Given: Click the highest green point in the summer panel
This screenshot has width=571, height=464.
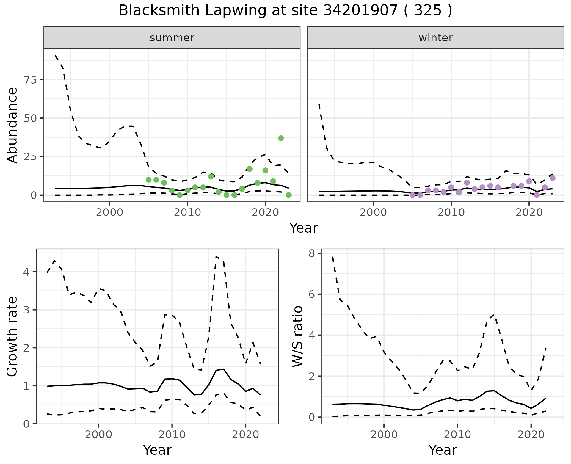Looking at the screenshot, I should [281, 138].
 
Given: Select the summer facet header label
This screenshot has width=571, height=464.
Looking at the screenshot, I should [172, 38].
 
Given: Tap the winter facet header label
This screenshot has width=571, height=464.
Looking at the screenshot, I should [435, 38].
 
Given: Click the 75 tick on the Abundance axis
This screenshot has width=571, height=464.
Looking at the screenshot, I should [29, 80].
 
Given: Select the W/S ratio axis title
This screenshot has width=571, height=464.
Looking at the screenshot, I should [298, 336].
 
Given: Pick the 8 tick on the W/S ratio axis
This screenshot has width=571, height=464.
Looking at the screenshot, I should [311, 253].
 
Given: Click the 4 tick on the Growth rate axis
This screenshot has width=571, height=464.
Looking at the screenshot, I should [26, 272].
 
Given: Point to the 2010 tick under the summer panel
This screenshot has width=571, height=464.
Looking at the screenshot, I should [187, 212].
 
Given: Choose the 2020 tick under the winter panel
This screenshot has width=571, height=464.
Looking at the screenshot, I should [529, 212].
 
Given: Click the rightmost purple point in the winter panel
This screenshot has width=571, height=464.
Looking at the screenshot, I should [552, 178].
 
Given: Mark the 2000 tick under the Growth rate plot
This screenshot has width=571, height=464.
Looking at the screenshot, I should [98, 435].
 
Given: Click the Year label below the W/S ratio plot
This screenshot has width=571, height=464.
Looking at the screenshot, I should [443, 450].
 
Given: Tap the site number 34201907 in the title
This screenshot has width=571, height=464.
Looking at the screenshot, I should [360, 11].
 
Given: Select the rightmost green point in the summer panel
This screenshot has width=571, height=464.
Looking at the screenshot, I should [288, 195].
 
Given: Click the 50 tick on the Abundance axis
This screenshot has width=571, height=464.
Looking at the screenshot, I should [29, 118].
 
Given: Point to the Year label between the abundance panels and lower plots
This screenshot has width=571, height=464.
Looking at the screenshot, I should [303, 228].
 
